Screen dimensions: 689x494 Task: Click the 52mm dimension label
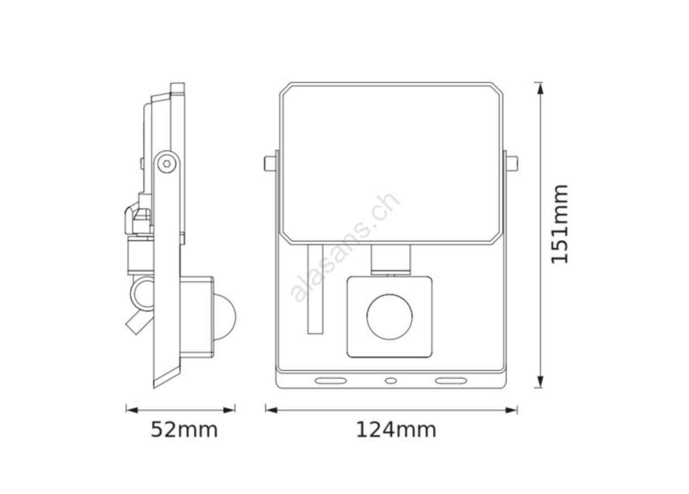point(184,430)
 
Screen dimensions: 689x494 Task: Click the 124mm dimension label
point(396,430)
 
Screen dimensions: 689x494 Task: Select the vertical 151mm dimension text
point(559,224)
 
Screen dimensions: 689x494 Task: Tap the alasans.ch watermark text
point(345,248)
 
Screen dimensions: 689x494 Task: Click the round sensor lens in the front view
point(389,317)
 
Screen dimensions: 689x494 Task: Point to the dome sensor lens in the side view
point(225,317)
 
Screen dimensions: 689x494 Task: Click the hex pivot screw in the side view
point(167,163)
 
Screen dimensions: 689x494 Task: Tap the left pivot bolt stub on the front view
point(270,163)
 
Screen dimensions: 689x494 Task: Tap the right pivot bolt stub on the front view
point(512,163)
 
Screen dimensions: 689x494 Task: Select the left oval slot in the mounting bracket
point(330,381)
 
